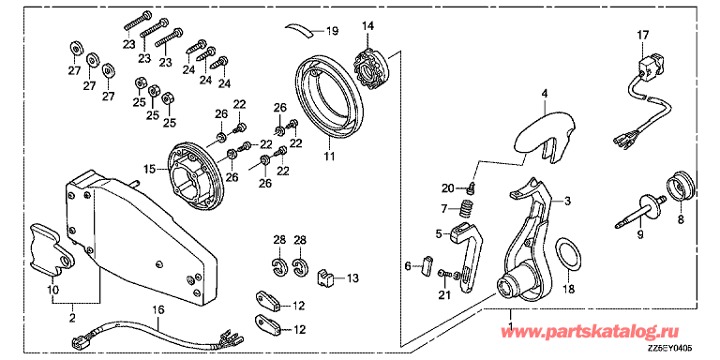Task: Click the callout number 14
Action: (x=367, y=24)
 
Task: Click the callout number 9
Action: (x=641, y=236)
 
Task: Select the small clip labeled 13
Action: (x=327, y=277)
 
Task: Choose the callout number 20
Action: (x=447, y=187)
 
